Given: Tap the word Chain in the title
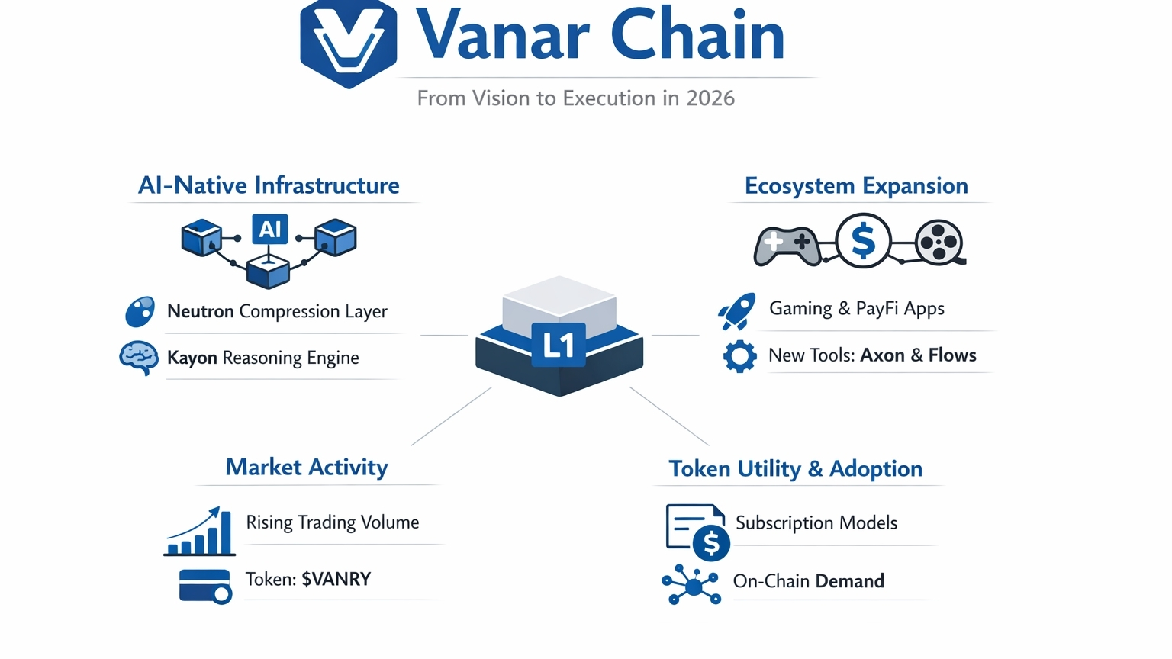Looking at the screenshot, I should click(x=697, y=35).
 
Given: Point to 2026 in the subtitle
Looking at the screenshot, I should click(x=710, y=98).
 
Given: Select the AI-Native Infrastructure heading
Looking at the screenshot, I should click(x=269, y=185).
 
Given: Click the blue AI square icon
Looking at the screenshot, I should click(x=270, y=230).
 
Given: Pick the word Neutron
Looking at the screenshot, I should click(x=200, y=311).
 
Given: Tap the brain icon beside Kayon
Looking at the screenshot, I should click(x=139, y=357).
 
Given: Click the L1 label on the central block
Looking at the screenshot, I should click(x=559, y=346).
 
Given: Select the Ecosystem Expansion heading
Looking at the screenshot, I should click(x=856, y=186).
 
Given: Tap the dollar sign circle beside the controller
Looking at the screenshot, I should click(x=863, y=241).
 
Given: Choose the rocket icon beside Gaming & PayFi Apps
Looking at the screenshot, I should click(x=737, y=310).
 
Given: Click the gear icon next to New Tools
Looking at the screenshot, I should click(x=739, y=356).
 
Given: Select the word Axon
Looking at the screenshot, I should click(x=883, y=355).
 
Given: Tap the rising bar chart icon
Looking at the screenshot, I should click(x=200, y=532).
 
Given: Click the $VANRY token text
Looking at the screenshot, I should click(x=336, y=579).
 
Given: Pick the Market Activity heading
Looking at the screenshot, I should click(x=307, y=467).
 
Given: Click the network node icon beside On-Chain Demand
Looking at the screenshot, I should click(x=692, y=585).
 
